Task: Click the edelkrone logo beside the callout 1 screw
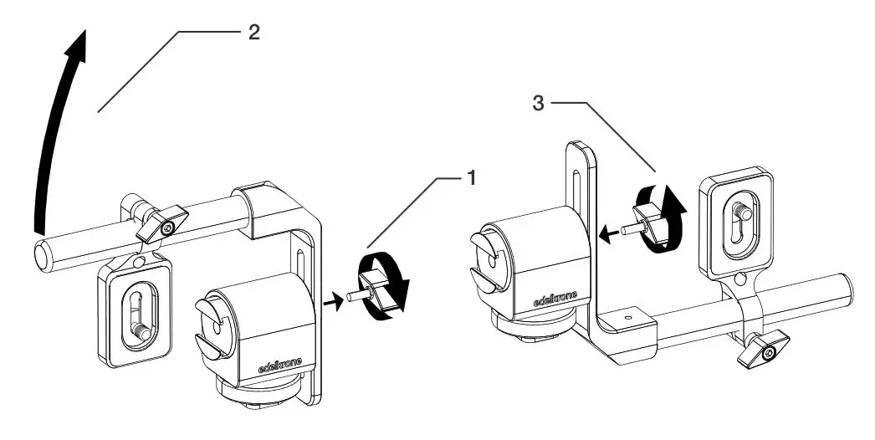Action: (x=279, y=365)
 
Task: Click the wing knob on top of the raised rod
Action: (x=162, y=222)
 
